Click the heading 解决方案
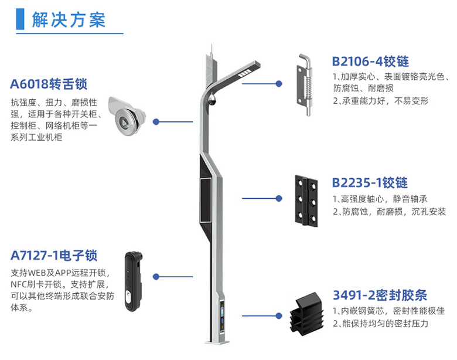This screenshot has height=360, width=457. pyautogui.click(x=69, y=20)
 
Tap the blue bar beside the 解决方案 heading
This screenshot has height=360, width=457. pyautogui.click(x=20, y=19)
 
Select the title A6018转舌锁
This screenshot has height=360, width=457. pyautogui.click(x=49, y=84)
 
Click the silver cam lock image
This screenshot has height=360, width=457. pyautogui.click(x=127, y=117)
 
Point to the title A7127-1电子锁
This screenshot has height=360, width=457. pyautogui.click(x=54, y=256)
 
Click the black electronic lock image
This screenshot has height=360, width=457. pyautogui.click(x=133, y=281)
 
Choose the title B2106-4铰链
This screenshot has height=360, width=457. pyautogui.click(x=370, y=62)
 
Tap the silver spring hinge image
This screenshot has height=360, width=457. pyautogui.click(x=305, y=84)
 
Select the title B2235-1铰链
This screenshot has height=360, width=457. pyautogui.click(x=370, y=183)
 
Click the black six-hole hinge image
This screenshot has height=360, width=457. pyautogui.click(x=306, y=201)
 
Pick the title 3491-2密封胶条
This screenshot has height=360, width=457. pyautogui.click(x=380, y=296)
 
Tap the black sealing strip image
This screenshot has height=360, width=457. pyautogui.click(x=306, y=314)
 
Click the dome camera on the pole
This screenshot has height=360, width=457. pyautogui.click(x=212, y=100)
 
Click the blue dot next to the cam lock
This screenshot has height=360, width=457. pyautogui.click(x=156, y=121)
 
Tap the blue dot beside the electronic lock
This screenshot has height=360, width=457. pyautogui.click(x=156, y=277)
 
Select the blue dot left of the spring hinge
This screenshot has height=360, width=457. pyautogui.click(x=279, y=84)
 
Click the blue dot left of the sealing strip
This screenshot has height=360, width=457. pyautogui.click(x=279, y=315)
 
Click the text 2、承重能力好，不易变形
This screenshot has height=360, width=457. pyautogui.click(x=381, y=101)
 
